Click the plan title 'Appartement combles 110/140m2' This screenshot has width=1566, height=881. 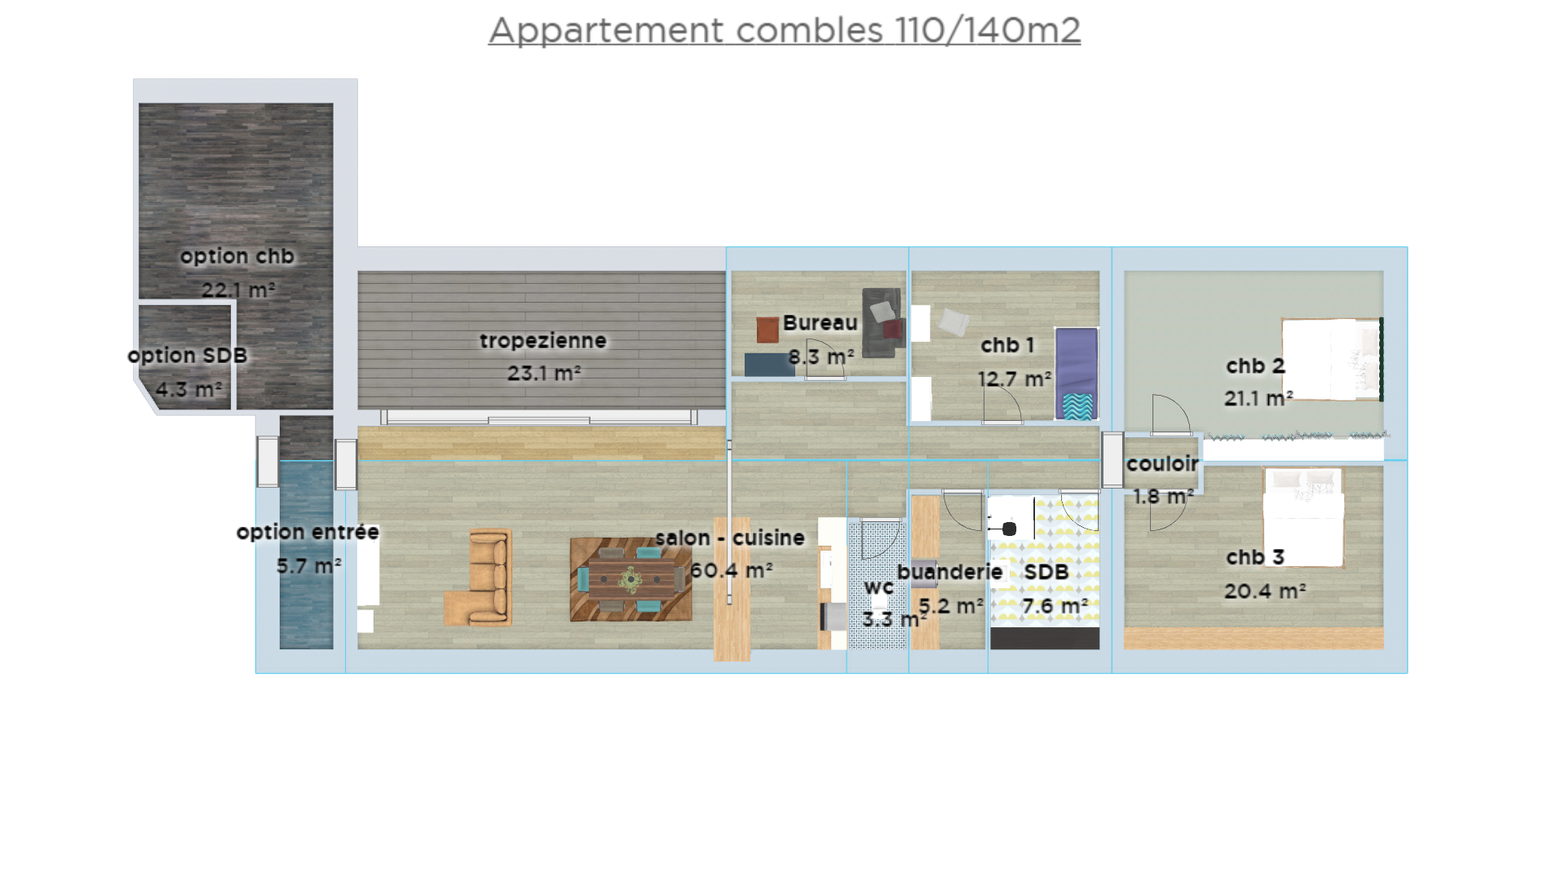click(785, 30)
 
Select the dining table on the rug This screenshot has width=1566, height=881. click(630, 579)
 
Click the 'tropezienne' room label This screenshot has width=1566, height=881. click(543, 340)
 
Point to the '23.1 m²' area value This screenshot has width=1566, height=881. click(544, 373)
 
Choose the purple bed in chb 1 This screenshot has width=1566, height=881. click(1077, 374)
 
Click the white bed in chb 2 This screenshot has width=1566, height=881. click(1332, 359)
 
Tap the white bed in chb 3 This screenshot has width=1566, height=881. click(1303, 517)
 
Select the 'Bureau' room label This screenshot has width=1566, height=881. click(820, 322)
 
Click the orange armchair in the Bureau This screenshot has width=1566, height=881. click(768, 330)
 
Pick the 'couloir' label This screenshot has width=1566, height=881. click(1162, 463)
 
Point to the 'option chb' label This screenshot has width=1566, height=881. click(237, 256)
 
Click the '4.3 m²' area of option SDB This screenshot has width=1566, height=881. click(188, 389)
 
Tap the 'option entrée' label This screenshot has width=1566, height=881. click(307, 532)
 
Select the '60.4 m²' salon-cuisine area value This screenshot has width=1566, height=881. click(732, 569)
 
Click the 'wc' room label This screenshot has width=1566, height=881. click(878, 587)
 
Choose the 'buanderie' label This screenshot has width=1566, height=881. click(949, 572)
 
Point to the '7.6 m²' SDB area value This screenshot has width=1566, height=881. click(1055, 606)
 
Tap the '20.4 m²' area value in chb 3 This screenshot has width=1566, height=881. click(1265, 591)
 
